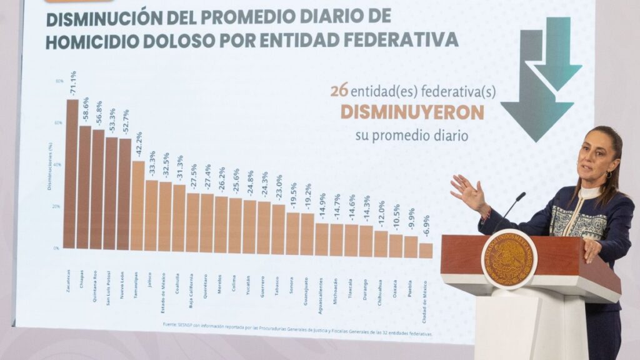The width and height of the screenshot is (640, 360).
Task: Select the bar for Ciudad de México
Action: pyautogui.click(x=426, y=250)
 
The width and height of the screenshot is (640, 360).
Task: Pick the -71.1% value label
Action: pyautogui.click(x=72, y=83)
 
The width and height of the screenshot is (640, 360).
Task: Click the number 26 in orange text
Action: pyautogui.click(x=339, y=91)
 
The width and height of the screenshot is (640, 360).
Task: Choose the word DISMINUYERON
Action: pyautogui.click(x=412, y=112)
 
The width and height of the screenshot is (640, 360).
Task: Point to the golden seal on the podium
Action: pyautogui.click(x=509, y=259)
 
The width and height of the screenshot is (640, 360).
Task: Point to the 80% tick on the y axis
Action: pyautogui.click(x=59, y=81)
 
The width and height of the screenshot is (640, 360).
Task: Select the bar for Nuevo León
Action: pyautogui.click(x=124, y=194)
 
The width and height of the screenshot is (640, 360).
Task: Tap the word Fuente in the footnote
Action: pyautogui.click(x=169, y=324)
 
